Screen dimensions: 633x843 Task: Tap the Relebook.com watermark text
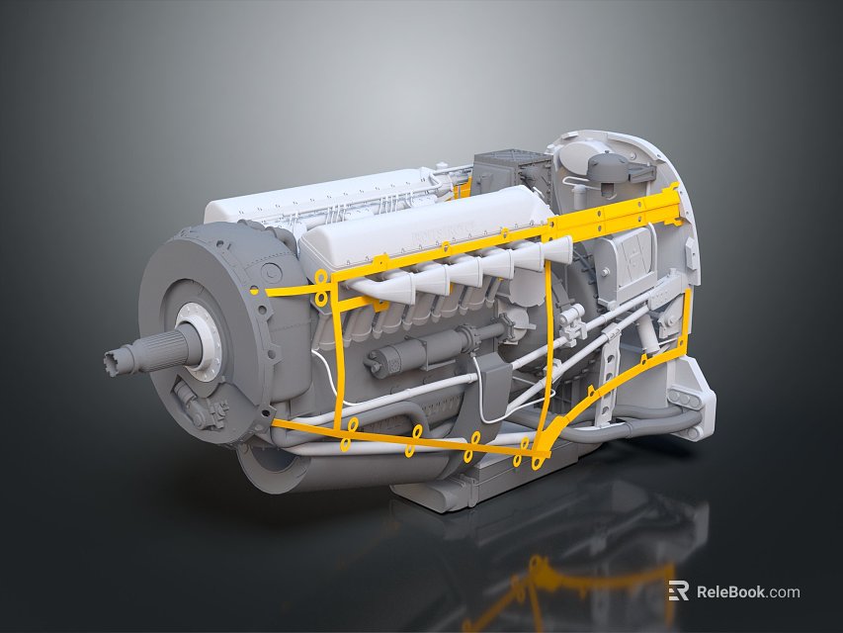(747, 592)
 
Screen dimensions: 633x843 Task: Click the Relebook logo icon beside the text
(678, 591)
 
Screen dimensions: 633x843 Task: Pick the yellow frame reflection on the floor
(539, 584)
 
